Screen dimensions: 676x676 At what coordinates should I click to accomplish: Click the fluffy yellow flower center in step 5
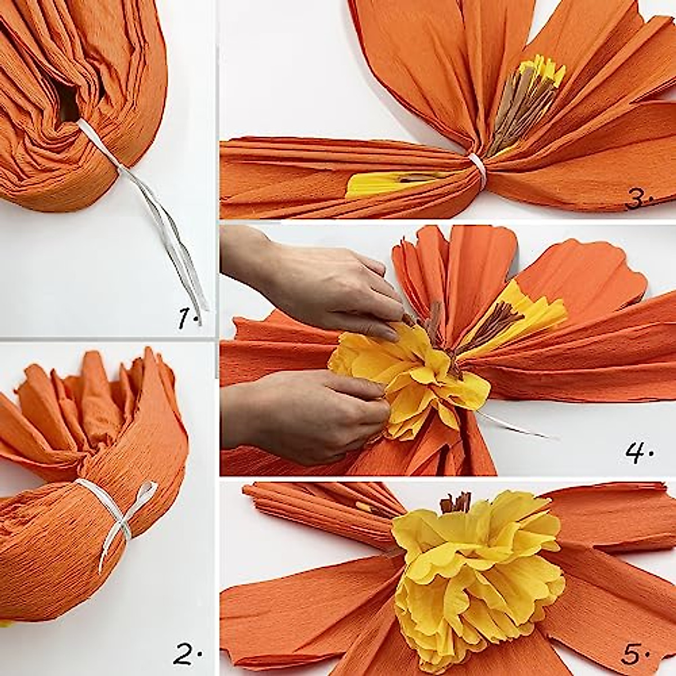[x=479, y=575]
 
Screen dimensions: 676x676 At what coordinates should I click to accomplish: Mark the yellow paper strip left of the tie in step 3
[x=383, y=183]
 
